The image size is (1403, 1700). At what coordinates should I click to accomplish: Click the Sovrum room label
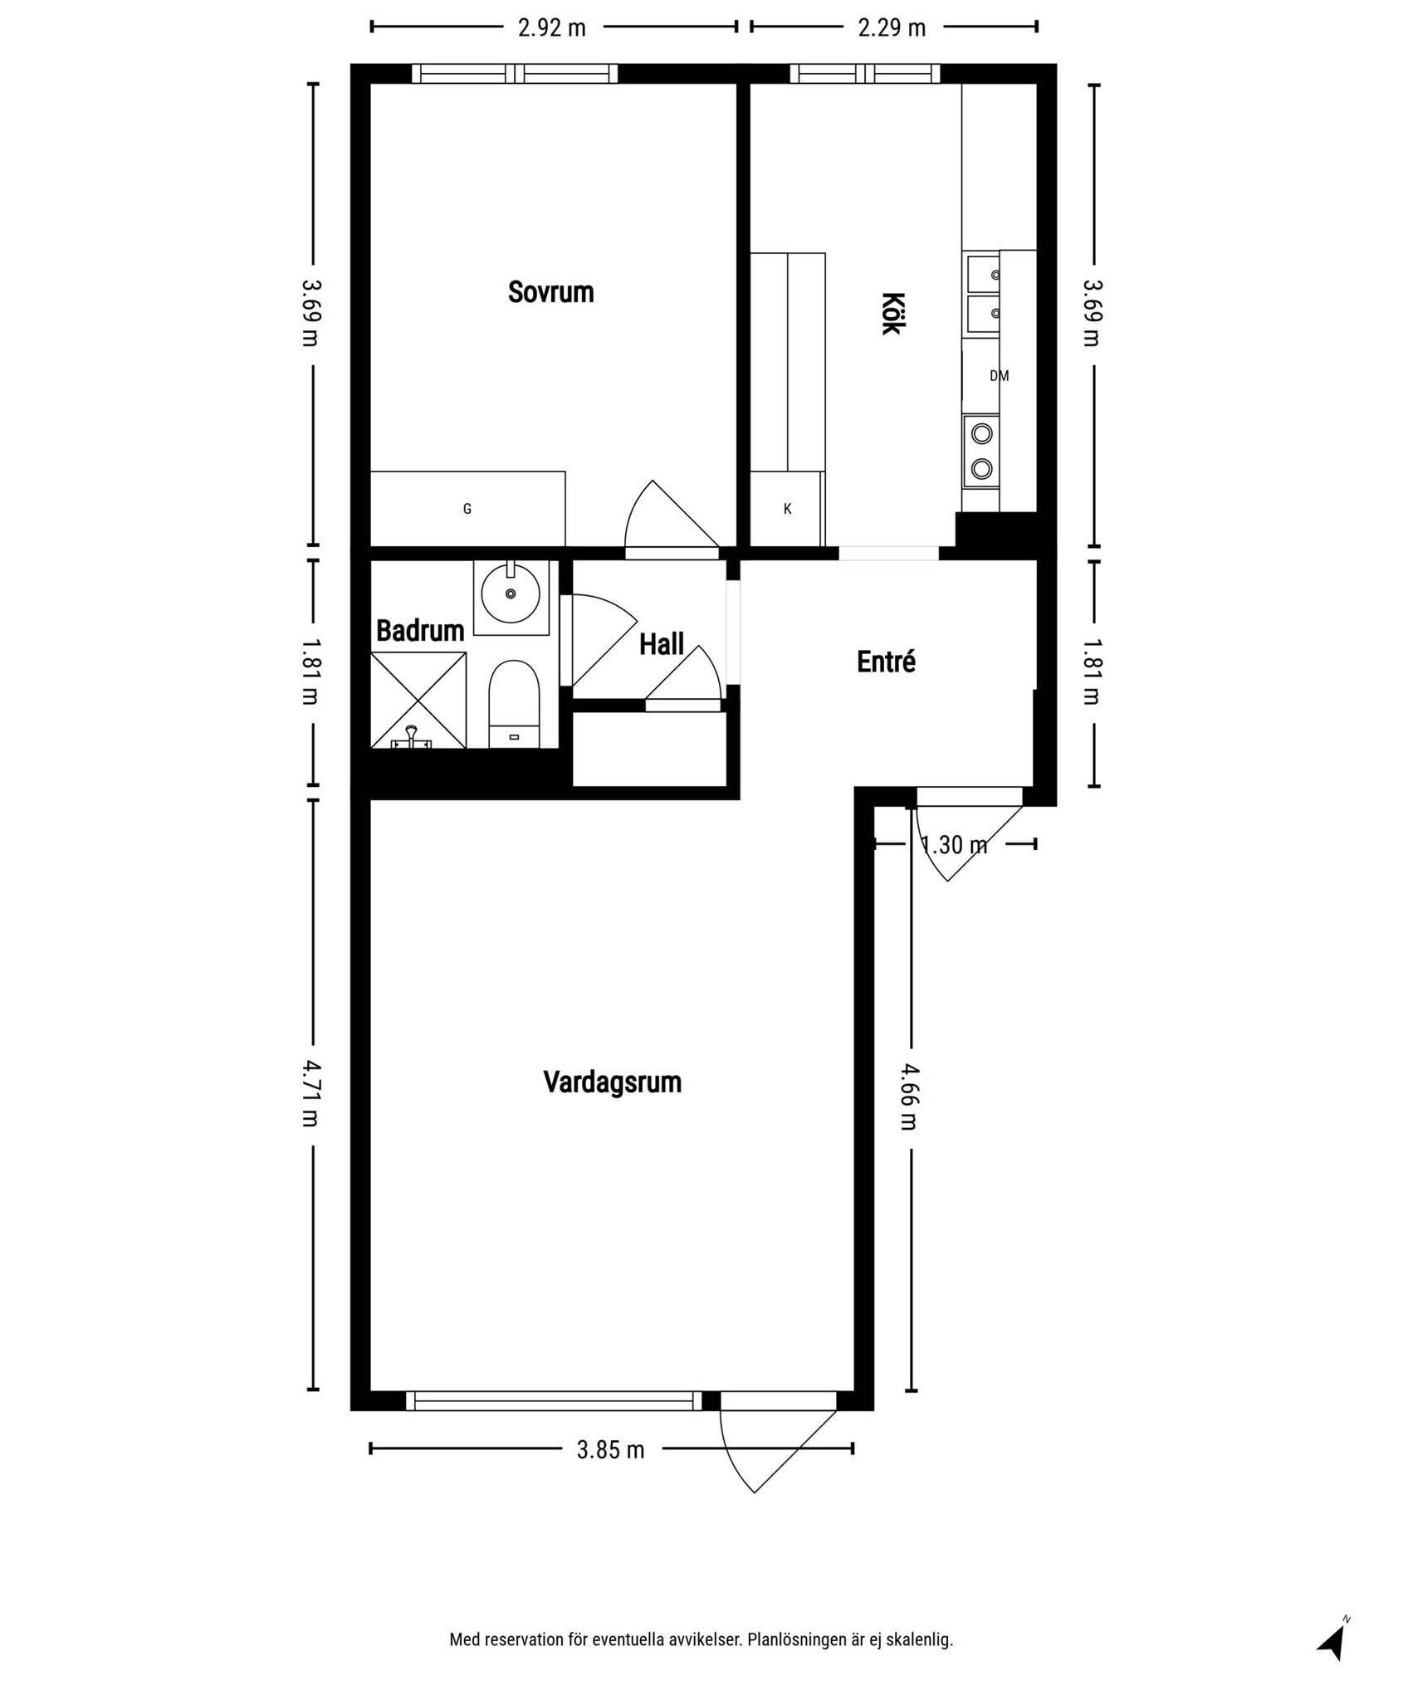(x=550, y=292)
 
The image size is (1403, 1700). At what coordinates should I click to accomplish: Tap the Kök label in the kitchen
(x=891, y=313)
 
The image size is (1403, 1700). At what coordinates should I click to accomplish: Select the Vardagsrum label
(x=613, y=1082)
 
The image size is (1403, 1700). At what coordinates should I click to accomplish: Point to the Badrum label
(x=420, y=631)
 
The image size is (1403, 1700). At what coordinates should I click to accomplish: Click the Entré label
(x=887, y=662)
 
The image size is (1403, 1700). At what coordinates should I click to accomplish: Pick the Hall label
(x=662, y=644)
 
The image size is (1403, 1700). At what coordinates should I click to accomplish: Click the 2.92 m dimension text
(x=552, y=28)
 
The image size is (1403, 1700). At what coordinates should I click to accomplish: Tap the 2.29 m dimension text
(x=892, y=28)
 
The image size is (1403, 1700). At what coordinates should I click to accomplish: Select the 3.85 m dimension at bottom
(x=611, y=1450)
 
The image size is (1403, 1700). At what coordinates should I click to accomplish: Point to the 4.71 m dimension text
(x=310, y=1093)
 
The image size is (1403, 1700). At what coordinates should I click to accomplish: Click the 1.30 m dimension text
(x=955, y=845)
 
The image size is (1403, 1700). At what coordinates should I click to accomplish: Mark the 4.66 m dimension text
(x=909, y=1097)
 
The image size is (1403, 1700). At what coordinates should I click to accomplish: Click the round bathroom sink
(x=511, y=593)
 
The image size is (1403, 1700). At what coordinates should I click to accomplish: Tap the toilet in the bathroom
(x=514, y=704)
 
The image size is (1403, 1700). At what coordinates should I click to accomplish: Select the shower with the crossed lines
(x=418, y=700)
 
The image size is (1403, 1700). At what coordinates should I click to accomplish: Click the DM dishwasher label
(x=1000, y=376)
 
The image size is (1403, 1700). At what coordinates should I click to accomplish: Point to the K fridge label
(x=788, y=509)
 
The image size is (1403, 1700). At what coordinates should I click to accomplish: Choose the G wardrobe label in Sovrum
(x=467, y=509)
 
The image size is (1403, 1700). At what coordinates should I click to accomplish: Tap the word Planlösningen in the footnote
(x=796, y=1639)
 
